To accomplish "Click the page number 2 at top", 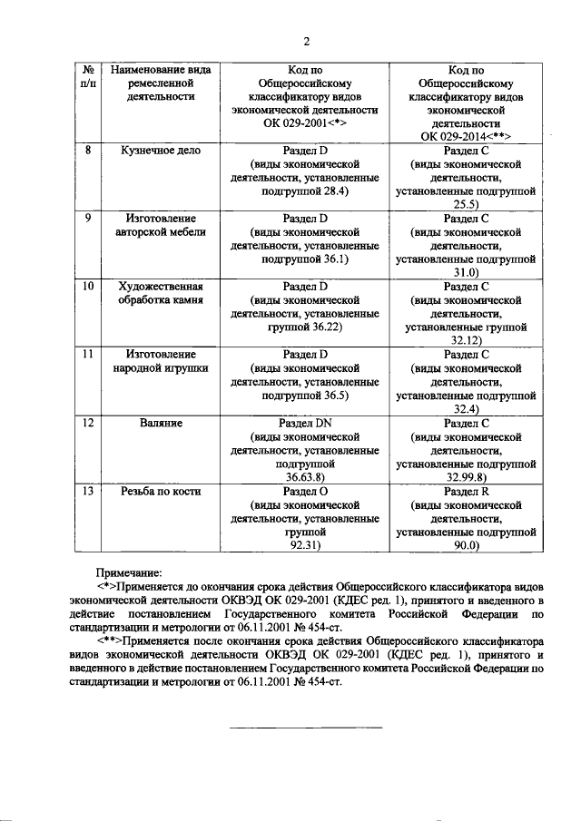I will [306, 42].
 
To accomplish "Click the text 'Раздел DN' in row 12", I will [306, 423].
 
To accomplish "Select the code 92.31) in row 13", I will [306, 546].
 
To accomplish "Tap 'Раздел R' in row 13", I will [467, 492].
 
